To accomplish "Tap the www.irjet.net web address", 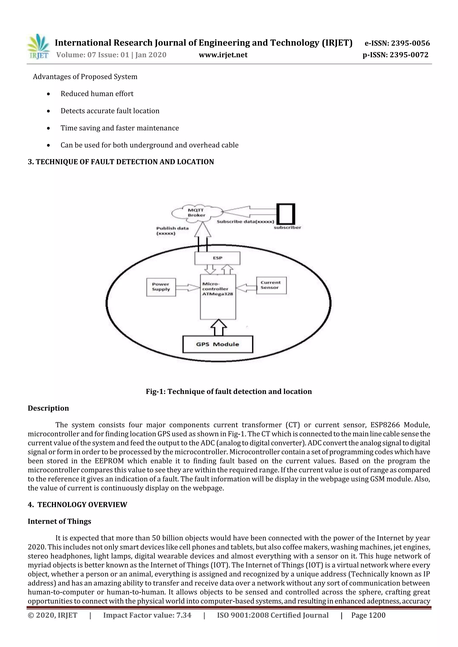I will pyautogui.click(x=223, y=55).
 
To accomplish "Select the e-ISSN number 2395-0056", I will pyautogui.click(x=397, y=43).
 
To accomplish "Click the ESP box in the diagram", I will pyautogui.click(x=217, y=258).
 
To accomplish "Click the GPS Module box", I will pyautogui.click(x=218, y=344).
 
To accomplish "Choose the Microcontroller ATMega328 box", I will pyautogui.click(x=218, y=296).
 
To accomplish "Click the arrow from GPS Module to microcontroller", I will pyautogui.click(x=218, y=327).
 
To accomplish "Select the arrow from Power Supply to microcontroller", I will pyautogui.click(x=188, y=288).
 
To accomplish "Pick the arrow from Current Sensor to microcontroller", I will pyautogui.click(x=246, y=288).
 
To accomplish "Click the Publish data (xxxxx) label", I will pyautogui.click(x=172, y=231).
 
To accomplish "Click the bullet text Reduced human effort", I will pyautogui.click(x=97, y=94).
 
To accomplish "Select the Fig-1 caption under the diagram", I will pyautogui.click(x=229, y=392).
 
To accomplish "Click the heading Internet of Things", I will pyautogui.click(x=59, y=521).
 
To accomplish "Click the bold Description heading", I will pyautogui.click(x=48, y=408).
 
